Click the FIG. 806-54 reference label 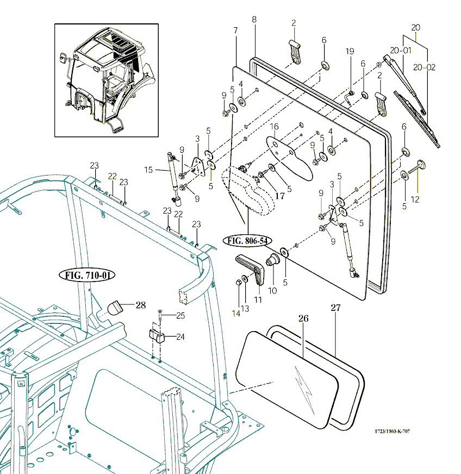coord(247,240)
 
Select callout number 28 coord(141,305)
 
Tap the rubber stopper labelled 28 coord(115,308)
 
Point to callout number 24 coord(180,336)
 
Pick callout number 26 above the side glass coord(303,318)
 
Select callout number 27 coord(335,308)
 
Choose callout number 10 coord(272,291)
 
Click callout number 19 coord(350,51)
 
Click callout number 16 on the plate coord(275,126)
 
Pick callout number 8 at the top coord(254,20)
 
